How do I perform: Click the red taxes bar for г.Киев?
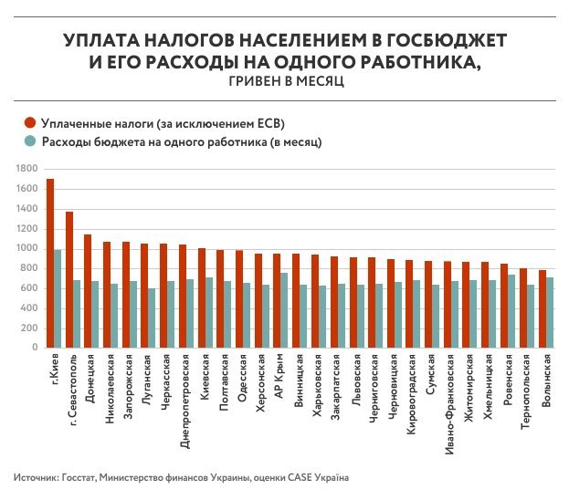tap(50, 263)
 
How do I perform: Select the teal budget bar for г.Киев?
tap(58, 298)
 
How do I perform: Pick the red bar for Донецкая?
tap(88, 290)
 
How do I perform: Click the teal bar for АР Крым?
tap(283, 310)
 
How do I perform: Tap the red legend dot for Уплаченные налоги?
tap(29, 124)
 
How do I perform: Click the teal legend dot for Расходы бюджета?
tap(29, 142)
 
